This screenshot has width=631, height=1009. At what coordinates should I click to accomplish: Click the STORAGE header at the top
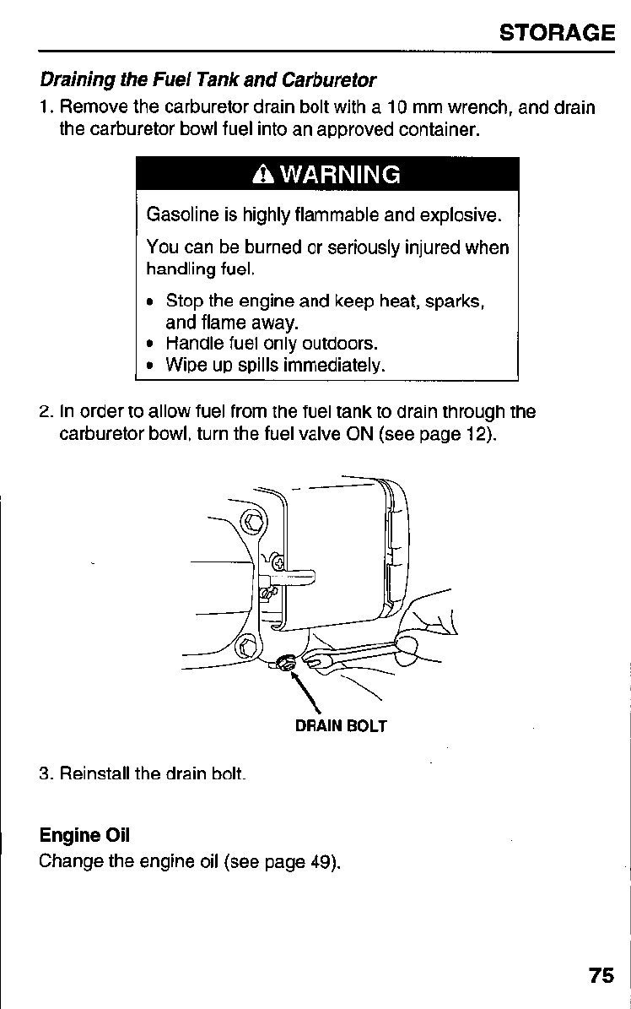click(x=556, y=33)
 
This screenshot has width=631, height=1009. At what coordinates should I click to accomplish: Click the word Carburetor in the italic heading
click(x=329, y=81)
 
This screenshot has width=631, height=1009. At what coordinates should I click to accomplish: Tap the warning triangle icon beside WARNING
click(x=262, y=176)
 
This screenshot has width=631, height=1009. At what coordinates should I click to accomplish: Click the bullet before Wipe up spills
click(x=149, y=366)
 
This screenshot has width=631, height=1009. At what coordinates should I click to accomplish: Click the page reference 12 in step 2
click(x=473, y=436)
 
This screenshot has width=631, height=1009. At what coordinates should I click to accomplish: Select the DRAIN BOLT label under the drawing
click(x=341, y=726)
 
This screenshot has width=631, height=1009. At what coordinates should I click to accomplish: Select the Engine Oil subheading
click(x=84, y=836)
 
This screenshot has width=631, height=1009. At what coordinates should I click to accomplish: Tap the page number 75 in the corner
click(x=601, y=975)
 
